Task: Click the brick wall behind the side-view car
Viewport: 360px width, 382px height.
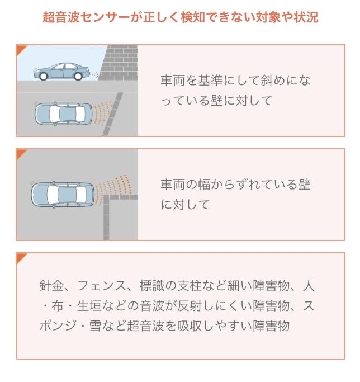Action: (x=118, y=63)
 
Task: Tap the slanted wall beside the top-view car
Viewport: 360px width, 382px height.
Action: (x=112, y=114)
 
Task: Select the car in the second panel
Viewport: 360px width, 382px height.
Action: (x=63, y=195)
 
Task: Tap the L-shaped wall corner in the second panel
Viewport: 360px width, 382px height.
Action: (x=106, y=197)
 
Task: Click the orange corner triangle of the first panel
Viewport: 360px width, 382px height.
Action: (x=21, y=49)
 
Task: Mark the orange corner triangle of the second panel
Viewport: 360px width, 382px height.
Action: (x=21, y=153)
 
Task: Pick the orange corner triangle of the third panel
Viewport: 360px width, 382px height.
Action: (x=21, y=257)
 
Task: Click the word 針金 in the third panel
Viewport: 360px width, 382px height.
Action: (x=52, y=286)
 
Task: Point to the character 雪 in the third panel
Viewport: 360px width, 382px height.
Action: (x=96, y=326)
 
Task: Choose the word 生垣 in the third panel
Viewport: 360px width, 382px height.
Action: (x=89, y=306)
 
